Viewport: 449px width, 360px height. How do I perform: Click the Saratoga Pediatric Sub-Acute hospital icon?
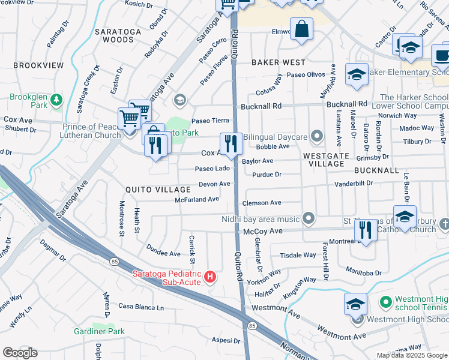click(x=210, y=277)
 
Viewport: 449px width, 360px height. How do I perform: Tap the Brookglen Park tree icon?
click(x=56, y=98)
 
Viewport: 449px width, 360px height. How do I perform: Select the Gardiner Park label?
click(x=98, y=331)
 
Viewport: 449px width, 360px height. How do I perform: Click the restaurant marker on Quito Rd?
click(x=231, y=143)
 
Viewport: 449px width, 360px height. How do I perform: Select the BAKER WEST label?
click(x=279, y=62)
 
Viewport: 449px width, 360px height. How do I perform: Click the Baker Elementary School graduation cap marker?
click(x=357, y=74)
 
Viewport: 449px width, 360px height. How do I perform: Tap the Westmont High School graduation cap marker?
click(x=355, y=304)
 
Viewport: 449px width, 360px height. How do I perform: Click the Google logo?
click(x=20, y=353)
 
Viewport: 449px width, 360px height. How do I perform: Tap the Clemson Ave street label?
click(x=261, y=203)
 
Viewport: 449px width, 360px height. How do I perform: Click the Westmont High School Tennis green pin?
click(x=386, y=301)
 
